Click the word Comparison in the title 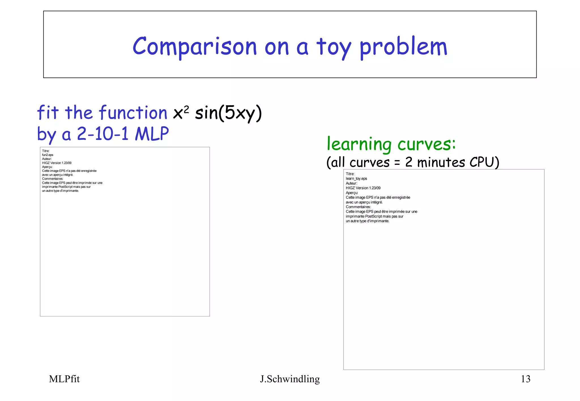coord(195,47)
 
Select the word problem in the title coord(403,47)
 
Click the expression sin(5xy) coord(228,113)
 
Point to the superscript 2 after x coord(186,109)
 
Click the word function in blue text coord(133,113)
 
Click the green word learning coord(359,144)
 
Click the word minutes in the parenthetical coord(441,162)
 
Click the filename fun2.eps coord(48,155)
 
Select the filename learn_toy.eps coord(356,179)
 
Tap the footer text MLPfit coord(64,379)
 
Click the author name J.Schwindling coord(290,379)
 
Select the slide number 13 coord(526,379)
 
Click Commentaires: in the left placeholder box coord(53,179)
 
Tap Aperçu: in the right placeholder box coord(352,193)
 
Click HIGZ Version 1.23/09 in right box coord(363,188)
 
